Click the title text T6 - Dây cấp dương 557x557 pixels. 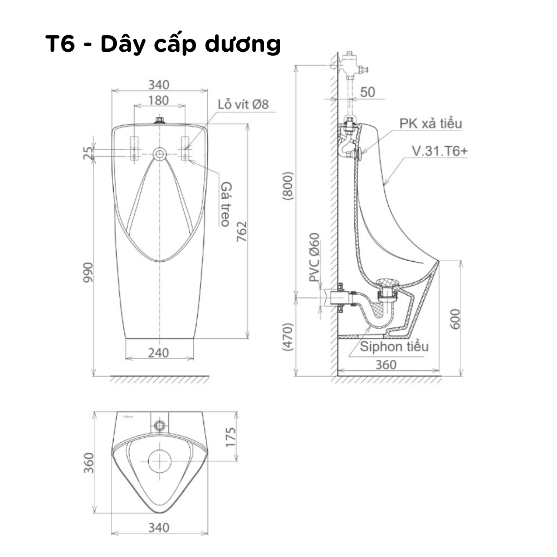click(x=163, y=45)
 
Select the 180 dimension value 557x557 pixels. click(x=159, y=101)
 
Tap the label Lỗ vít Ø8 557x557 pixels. click(x=243, y=104)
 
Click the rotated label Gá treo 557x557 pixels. click(x=226, y=203)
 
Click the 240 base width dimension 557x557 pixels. click(x=160, y=353)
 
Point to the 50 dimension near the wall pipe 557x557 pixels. click(x=368, y=92)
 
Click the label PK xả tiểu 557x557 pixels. click(x=429, y=124)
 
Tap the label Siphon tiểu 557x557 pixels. click(x=394, y=346)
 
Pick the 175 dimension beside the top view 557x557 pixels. click(x=233, y=437)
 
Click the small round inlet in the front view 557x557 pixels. click(x=160, y=154)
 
